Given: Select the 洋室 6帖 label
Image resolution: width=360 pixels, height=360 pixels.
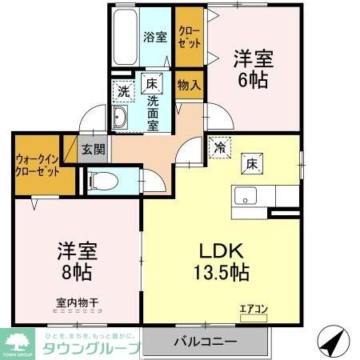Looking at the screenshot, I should pyautogui.click(x=254, y=69).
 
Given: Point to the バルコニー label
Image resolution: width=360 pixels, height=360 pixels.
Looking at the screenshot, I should pyautogui.click(x=206, y=342).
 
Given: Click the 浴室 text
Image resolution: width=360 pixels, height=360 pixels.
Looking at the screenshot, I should pyautogui.click(x=154, y=36).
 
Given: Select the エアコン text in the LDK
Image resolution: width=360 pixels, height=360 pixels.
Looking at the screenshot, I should pyautogui.click(x=253, y=306).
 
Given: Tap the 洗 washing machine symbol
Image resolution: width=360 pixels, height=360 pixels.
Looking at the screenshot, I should pyautogui.click(x=122, y=90).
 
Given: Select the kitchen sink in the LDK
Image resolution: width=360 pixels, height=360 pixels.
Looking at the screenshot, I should pyautogui.click(x=245, y=195).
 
